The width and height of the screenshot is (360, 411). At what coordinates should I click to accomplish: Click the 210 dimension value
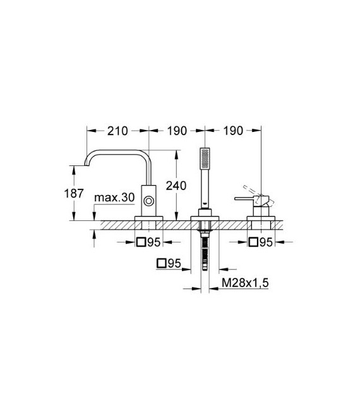117,131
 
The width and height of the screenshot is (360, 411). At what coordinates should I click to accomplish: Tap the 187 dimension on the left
75,193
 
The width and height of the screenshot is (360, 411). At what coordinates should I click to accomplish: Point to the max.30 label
114,198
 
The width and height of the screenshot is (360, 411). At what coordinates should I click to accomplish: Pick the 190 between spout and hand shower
177,131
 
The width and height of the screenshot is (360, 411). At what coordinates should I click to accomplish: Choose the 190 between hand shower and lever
233,131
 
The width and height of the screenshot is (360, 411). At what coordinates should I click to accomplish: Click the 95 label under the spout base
154,242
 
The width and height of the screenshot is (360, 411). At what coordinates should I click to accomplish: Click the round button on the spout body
148,201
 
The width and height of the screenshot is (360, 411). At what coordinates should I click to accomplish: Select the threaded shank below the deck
205,253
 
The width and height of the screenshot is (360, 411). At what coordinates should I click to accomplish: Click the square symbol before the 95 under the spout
141,242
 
